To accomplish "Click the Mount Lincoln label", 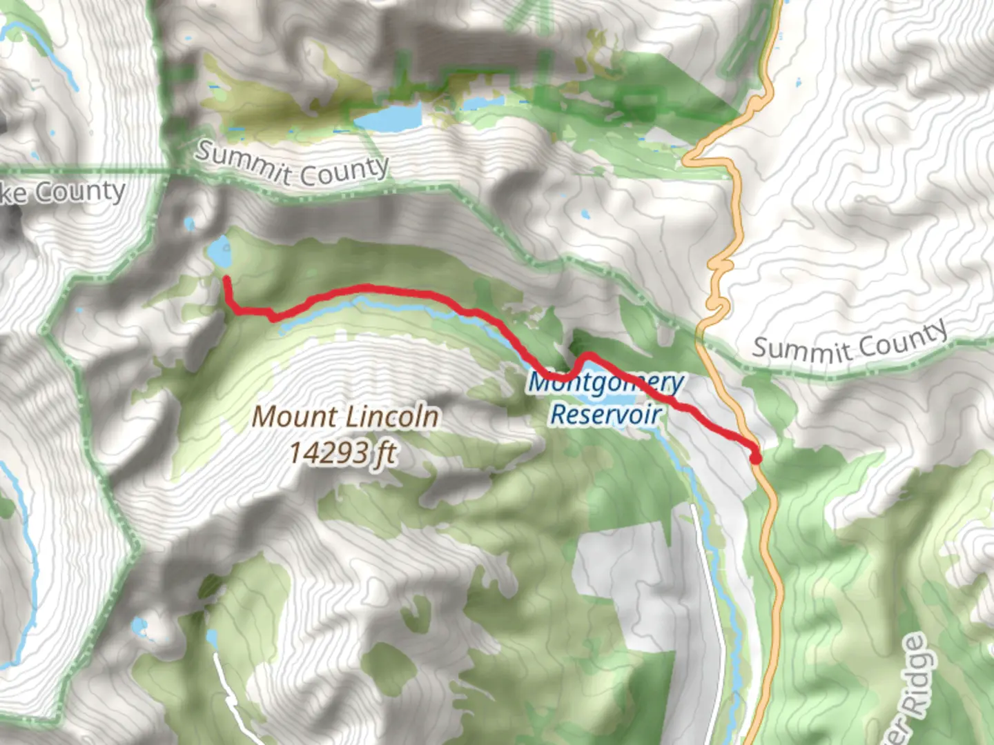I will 345,417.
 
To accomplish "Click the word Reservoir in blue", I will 606,414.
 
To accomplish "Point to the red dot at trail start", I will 755,457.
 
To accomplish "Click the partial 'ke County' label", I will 62,192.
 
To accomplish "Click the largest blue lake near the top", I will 388,117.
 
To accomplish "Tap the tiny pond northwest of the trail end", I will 189,223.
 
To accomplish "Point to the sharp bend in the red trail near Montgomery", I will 585,357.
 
